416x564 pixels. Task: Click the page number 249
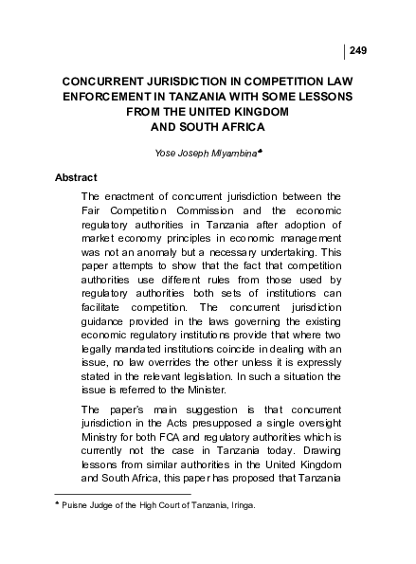pyautogui.click(x=358, y=49)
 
